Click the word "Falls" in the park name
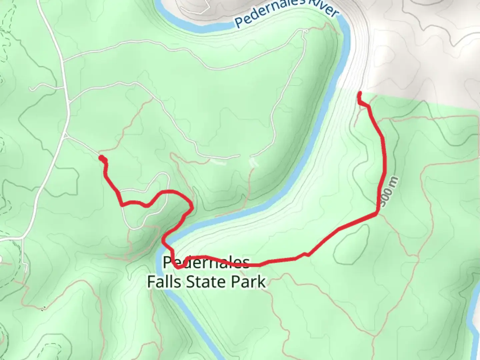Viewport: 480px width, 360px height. (164, 282)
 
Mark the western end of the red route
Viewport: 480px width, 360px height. (101, 158)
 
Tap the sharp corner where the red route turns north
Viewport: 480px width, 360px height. (377, 213)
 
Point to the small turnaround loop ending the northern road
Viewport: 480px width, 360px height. (305, 31)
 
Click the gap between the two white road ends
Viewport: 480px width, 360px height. (245, 156)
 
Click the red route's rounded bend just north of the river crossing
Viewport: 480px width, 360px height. (191, 207)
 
